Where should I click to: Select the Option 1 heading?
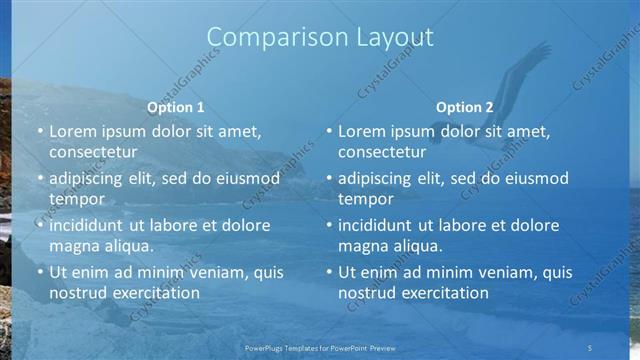[x=176, y=107]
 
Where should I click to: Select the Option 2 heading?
[x=465, y=107]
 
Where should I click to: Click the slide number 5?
[x=590, y=347]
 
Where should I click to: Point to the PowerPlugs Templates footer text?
[x=319, y=347]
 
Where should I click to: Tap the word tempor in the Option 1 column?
[x=76, y=199]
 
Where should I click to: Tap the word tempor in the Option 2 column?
[x=365, y=199]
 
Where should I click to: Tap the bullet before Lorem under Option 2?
[x=329, y=132]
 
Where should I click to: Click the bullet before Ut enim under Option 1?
[x=40, y=272]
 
